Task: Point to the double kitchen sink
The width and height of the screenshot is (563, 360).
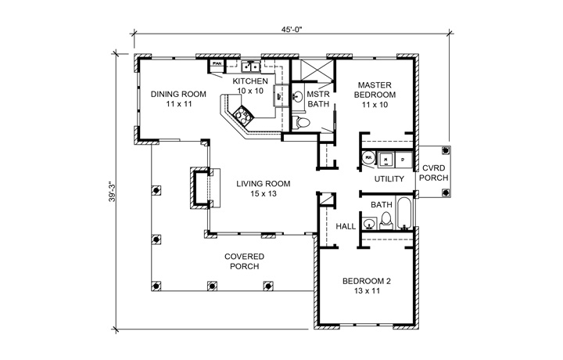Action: [250, 67]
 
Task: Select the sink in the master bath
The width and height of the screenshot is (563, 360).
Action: [299, 98]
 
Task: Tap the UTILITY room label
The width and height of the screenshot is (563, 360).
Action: [389, 179]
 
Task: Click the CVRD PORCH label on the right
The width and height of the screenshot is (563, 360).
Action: [435, 172]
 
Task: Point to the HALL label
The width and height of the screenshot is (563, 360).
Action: [346, 225]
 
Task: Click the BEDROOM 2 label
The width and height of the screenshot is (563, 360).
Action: [366, 286]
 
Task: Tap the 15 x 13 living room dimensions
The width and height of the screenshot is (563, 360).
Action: [264, 193]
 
